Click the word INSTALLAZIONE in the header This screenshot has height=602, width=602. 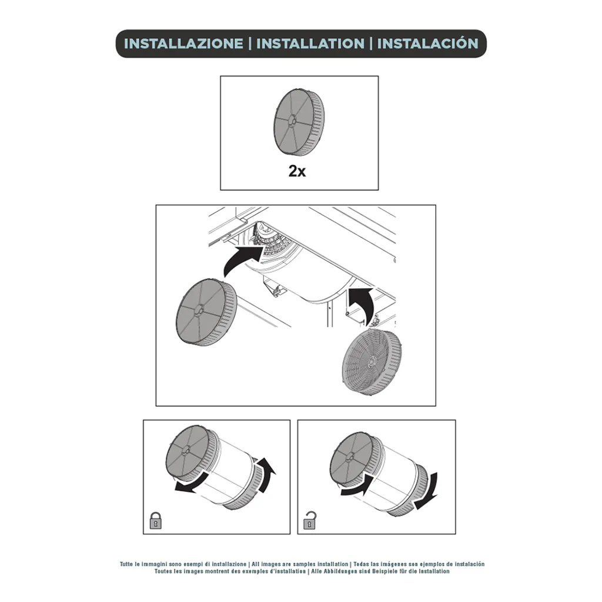click(183, 44)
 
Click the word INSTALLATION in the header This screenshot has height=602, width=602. click(310, 44)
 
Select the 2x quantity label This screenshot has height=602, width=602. click(297, 171)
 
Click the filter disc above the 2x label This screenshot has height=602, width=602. click(299, 122)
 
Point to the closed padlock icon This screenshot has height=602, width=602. click(155, 520)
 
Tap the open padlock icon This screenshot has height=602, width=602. click(310, 520)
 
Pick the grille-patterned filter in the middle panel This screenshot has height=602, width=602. click(372, 362)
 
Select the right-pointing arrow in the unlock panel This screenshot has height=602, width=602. click(357, 484)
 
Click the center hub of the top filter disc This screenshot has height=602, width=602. click(290, 121)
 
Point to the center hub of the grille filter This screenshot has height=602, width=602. click(372, 362)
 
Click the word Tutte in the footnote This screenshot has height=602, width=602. click(126, 564)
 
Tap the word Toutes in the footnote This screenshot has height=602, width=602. click(163, 571)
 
